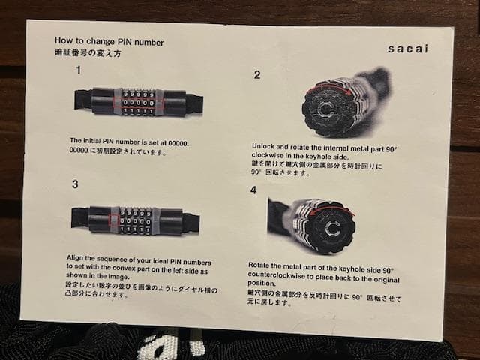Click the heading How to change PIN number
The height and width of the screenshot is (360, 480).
109,42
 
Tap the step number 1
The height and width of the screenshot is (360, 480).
79,70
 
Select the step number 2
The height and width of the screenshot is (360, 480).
257,74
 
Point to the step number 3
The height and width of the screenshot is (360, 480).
75,184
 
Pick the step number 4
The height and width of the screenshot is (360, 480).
253,190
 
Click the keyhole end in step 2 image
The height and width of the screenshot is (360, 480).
325,110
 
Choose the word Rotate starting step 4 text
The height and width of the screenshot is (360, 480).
260,265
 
